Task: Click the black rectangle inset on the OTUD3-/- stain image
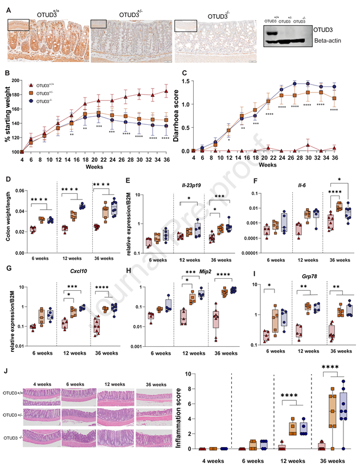[186, 26]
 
